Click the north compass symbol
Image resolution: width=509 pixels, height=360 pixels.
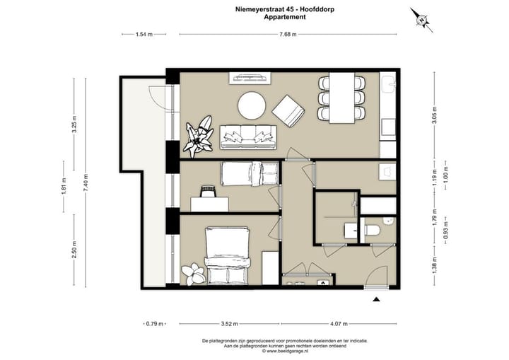[x=421, y=20]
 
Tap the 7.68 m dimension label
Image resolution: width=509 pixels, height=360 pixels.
[x=288, y=34]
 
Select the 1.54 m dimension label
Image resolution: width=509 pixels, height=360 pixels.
[x=144, y=34]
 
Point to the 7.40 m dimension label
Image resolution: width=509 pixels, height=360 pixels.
[x=86, y=183]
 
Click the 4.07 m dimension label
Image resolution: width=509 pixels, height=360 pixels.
[x=339, y=324]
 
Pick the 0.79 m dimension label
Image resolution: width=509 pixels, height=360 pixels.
[x=155, y=324]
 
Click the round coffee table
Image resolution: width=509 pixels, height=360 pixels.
[x=252, y=105]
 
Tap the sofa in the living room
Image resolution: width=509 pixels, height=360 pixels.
[x=248, y=137]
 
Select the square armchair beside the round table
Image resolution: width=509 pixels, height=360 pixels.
[x=288, y=111]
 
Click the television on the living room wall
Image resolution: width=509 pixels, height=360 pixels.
[x=250, y=78]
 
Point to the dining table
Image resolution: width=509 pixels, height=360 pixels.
[x=342, y=98]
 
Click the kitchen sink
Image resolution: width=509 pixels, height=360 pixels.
[x=388, y=84]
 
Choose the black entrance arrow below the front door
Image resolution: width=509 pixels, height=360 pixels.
[x=376, y=299]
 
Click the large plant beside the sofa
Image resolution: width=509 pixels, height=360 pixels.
[x=199, y=137]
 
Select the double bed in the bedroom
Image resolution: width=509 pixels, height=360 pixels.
[x=227, y=256]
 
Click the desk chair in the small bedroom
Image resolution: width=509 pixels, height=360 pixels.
[x=208, y=191]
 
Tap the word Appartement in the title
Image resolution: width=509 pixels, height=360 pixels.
[x=285, y=17]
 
